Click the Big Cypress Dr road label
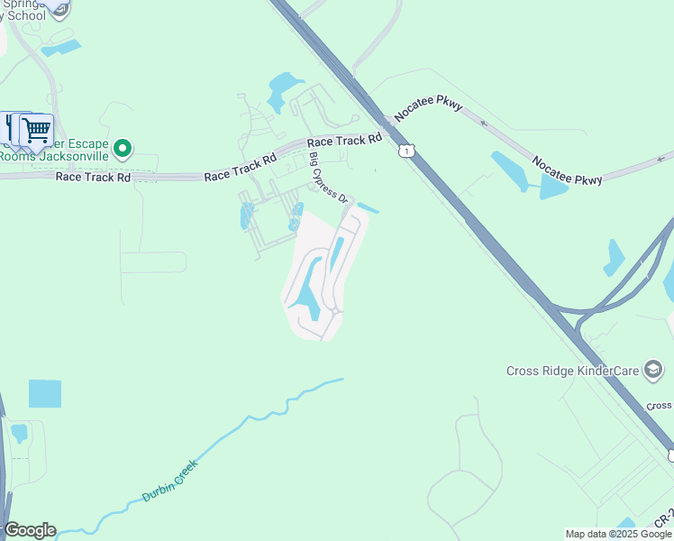[328, 178]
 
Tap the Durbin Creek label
[168, 481]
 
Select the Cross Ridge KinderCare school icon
[653, 369]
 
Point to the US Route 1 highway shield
[407, 151]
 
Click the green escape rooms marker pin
[124, 148]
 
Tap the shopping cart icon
[36, 131]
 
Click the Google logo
[30, 530]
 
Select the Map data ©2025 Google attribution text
[618, 534]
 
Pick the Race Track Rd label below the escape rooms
[93, 177]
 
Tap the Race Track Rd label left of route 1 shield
[344, 141]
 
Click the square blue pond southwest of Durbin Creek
[45, 394]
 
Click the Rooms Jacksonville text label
[54, 156]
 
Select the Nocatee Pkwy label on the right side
[567, 170]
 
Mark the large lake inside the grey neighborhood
[306, 290]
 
